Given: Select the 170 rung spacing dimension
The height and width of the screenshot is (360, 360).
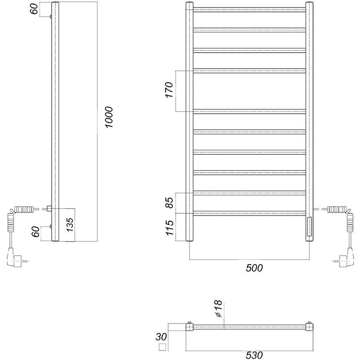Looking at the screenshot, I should (169, 90).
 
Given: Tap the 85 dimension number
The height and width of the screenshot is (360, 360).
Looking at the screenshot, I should (169, 202).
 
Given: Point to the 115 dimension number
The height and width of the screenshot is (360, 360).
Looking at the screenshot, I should (169, 227).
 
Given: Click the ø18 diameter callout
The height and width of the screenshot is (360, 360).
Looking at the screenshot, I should (218, 310).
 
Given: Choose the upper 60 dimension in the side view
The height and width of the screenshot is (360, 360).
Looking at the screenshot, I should (34, 9).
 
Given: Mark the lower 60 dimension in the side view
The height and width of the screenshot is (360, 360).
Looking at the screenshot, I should (34, 233).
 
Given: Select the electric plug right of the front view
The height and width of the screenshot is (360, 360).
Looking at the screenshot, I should (344, 259).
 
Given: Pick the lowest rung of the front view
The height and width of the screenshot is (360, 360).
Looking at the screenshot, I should (250, 213).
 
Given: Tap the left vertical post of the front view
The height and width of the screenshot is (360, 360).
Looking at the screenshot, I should (189, 121).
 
